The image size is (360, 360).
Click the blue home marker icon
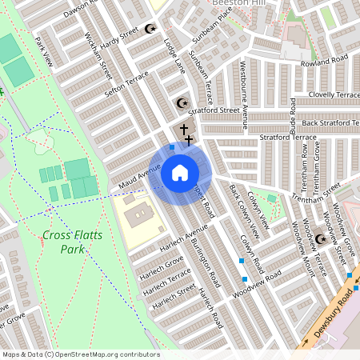tap(180, 172)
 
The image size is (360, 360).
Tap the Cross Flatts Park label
tap(62, 242)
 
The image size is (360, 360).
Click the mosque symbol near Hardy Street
tap(150, 30)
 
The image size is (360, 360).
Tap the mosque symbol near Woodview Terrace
tap(321, 239)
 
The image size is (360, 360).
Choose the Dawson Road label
tap(80, 8)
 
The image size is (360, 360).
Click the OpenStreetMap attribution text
tap(80, 354)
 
